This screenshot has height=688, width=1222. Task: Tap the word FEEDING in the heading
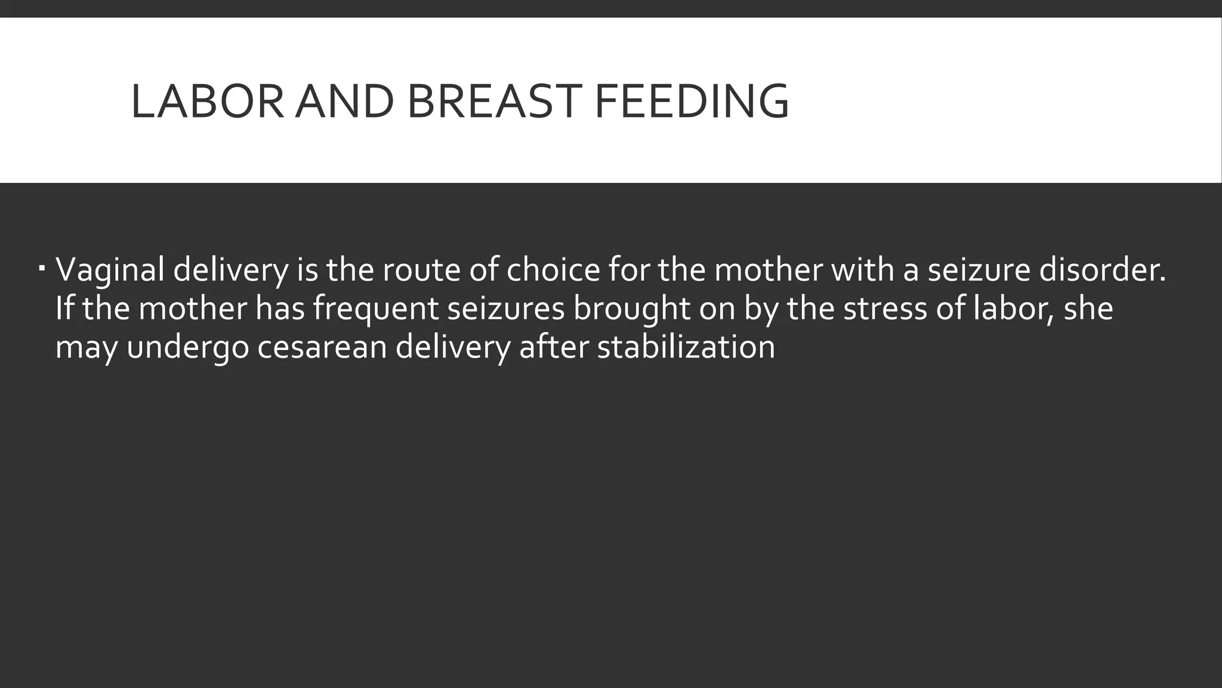(x=692, y=101)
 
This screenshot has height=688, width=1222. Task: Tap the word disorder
(x=1102, y=270)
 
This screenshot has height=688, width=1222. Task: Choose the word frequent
(x=375, y=309)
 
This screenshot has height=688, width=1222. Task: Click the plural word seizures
(x=505, y=309)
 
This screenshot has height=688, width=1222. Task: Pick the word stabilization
(x=686, y=348)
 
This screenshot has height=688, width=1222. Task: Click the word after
(x=553, y=348)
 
